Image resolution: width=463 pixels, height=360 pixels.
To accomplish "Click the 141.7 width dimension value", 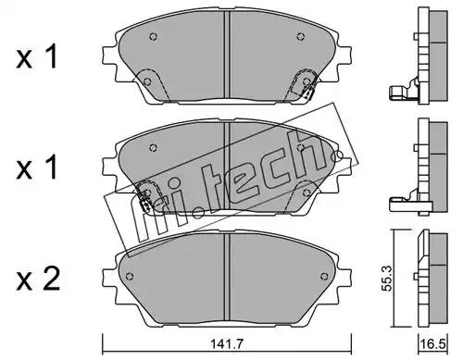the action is pos(227,343).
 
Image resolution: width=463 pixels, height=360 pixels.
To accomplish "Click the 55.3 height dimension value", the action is pos(386,279).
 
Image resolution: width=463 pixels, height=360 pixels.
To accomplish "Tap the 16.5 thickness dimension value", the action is pos(433,343).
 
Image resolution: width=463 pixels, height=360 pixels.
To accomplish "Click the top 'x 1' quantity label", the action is pos(37,57).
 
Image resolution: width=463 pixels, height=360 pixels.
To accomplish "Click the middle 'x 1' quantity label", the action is pos(37,168).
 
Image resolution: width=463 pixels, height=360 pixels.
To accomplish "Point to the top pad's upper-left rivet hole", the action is pos(153,36).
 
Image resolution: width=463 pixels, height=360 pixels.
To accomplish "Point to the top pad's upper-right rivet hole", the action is pos(301,36).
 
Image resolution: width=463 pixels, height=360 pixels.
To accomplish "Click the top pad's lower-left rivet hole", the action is pos(147,81).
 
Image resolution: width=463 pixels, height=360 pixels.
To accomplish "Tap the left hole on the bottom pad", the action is pos(130,276).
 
